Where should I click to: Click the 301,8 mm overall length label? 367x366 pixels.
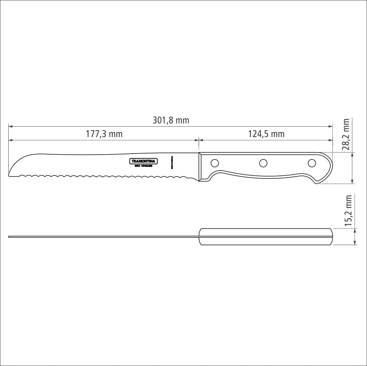pos(171,121)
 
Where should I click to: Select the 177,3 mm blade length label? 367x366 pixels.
pos(104,134)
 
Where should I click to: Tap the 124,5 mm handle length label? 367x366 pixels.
pos(266,134)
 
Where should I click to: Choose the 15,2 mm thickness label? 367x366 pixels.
pos(348,211)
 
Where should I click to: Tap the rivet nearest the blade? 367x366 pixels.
pos(215,163)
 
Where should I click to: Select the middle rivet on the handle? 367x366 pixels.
pos(263,163)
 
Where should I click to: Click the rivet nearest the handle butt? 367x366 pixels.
pos(312,163)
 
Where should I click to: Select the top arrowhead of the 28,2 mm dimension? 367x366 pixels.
pos(353,155)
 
